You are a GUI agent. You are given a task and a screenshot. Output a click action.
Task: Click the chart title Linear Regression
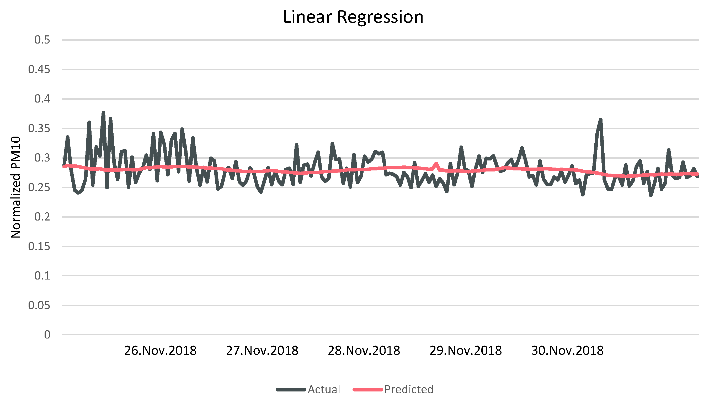(353, 17)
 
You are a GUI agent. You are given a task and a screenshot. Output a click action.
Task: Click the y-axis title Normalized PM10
(16, 187)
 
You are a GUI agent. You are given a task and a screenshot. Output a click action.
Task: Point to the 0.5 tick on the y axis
(42, 40)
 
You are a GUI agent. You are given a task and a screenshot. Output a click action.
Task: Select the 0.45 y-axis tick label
(39, 69)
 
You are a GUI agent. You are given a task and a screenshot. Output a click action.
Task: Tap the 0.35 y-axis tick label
(39, 128)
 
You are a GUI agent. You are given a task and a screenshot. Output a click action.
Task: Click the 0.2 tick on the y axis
(42, 217)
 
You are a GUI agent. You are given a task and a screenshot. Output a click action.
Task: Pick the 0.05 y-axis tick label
(39, 305)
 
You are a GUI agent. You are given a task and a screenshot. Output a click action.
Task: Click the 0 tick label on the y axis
(47, 335)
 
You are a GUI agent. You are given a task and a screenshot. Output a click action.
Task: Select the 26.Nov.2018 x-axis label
(160, 351)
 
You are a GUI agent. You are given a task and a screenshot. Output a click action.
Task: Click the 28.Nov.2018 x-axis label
(364, 351)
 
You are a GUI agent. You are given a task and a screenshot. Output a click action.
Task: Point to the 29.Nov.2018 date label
(466, 351)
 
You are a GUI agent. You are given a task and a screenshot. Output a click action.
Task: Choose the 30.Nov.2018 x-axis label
(567, 351)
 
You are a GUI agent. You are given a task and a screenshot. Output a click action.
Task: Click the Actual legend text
(324, 389)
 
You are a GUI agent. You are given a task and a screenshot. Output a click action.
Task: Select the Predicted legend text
(409, 389)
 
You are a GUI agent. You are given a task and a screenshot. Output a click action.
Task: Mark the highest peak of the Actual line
(103, 113)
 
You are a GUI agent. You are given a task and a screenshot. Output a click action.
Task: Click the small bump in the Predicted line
(436, 164)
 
